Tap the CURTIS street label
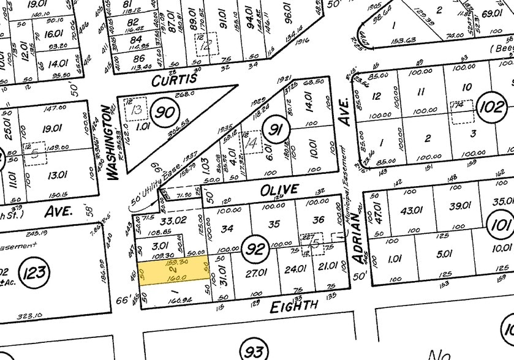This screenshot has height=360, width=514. click(175, 80)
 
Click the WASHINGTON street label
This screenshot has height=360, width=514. click(111, 143)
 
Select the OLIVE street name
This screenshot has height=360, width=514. click(279, 190)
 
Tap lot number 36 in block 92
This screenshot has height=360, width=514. click(319, 220)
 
